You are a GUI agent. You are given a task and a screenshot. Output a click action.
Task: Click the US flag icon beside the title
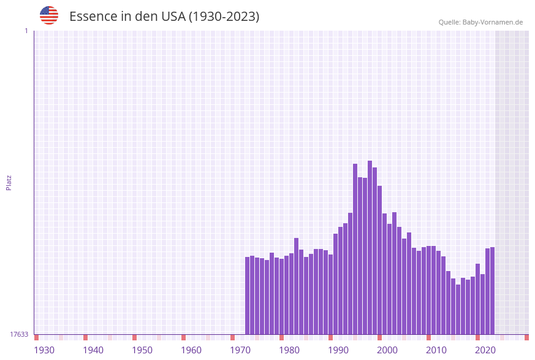tap(49, 15)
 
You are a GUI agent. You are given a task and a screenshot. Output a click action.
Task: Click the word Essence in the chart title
tap(91, 17)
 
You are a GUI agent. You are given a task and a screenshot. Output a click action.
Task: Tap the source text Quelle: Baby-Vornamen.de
tap(480, 22)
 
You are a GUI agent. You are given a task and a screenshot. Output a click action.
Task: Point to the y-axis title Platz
tap(9, 182)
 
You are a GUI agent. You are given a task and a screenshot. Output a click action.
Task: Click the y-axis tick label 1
tap(26, 31)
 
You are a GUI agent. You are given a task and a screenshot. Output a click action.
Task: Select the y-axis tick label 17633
tap(19, 334)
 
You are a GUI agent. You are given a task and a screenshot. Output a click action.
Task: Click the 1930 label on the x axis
tap(44, 350)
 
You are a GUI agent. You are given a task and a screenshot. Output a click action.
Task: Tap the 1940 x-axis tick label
tap(93, 350)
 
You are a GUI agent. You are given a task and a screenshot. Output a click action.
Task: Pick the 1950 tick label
tap(142, 350)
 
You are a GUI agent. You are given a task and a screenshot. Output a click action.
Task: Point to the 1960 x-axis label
tap(191, 350)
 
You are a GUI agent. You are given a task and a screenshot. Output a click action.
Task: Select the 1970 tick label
tap(240, 350)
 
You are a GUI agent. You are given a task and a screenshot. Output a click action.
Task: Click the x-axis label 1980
tap(289, 350)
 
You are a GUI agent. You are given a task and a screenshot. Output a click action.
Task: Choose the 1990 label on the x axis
tap(338, 350)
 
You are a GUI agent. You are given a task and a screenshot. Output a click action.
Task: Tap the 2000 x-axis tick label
tap(387, 350)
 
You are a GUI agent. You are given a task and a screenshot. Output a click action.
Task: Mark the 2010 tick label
tap(436, 350)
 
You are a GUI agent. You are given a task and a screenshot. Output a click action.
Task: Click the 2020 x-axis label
tap(485, 350)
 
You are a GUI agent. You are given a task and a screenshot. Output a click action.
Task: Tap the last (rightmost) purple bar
tap(493, 291)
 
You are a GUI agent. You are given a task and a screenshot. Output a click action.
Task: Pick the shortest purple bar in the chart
tap(458, 309)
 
